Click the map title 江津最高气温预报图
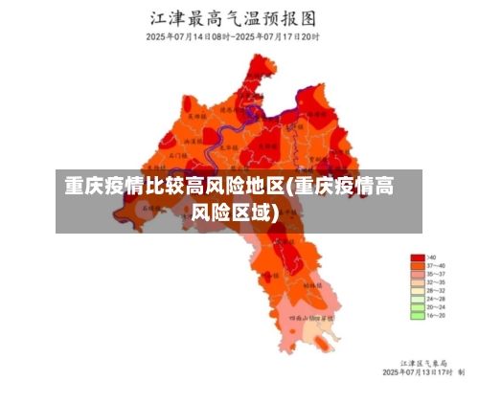pos(233,18)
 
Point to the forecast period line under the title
pos(233,36)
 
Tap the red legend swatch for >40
pos(417,257)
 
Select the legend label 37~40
pos(437,266)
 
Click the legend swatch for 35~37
pos(417,274)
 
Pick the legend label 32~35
pos(437,282)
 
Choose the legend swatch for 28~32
pos(417,290)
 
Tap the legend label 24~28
pos(437,299)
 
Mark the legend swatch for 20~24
pos(417,306)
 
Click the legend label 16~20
pos(437,315)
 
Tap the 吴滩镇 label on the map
pos(195,116)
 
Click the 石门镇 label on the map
pos(178,153)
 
